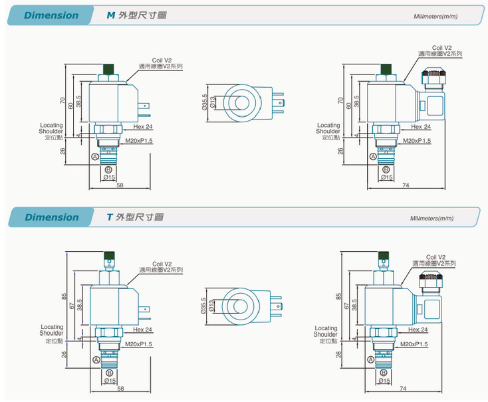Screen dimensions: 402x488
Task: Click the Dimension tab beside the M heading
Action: pyautogui.click(x=51, y=15)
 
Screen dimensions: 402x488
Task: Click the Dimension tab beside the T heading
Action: pyautogui.click(x=51, y=217)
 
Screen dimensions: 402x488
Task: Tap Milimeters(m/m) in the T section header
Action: pyautogui.click(x=431, y=218)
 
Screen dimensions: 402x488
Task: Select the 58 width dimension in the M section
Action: pyautogui.click(x=120, y=185)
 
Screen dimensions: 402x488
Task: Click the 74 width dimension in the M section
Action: pyautogui.click(x=405, y=185)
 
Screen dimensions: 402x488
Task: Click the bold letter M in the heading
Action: pyautogui.click(x=111, y=15)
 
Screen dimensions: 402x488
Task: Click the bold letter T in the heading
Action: pyautogui.click(x=110, y=217)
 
